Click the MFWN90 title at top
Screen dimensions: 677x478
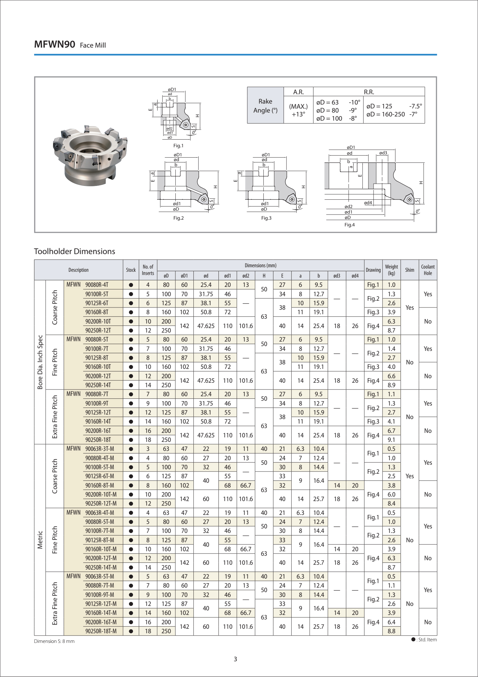[x=55, y=44]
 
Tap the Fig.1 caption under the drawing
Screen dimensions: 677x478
[x=178, y=146]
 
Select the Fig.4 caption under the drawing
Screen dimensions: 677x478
[x=350, y=225]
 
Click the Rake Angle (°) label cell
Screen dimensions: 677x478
[x=265, y=106]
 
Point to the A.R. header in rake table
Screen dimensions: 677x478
[x=298, y=92]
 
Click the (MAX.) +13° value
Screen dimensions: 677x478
[x=298, y=110]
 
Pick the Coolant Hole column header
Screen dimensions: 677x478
[x=428, y=270]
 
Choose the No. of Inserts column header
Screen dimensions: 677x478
[x=148, y=270]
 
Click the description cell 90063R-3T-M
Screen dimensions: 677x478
[x=100, y=449]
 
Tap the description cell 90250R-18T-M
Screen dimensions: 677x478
[x=101, y=631]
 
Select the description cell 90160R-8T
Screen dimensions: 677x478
[x=97, y=312]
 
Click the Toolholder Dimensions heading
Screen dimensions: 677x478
[x=75, y=251]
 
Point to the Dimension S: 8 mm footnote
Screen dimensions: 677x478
[x=54, y=641]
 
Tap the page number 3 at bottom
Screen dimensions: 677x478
[x=235, y=659]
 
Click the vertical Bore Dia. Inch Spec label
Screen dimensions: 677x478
[x=40, y=362]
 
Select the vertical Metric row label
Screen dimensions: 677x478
[x=40, y=540]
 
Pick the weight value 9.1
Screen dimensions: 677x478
[x=391, y=440]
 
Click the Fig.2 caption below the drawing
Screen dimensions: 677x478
[x=178, y=218]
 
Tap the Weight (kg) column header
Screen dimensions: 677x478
[x=391, y=270]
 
